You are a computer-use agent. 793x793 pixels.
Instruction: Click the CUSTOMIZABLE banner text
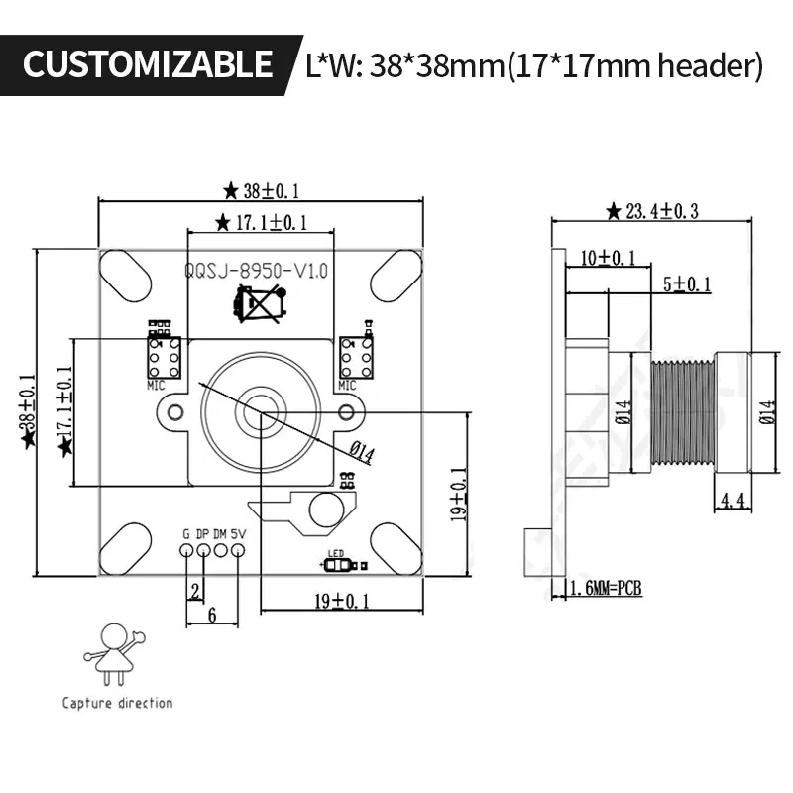[148, 64]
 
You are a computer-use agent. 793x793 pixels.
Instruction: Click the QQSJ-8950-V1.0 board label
[256, 270]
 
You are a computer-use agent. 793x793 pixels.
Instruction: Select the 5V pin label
[237, 533]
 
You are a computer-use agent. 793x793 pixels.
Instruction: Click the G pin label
[185, 533]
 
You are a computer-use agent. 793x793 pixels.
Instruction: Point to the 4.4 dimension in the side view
[733, 501]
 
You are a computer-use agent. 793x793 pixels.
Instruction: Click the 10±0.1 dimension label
[609, 258]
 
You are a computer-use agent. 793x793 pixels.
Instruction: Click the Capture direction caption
[117, 703]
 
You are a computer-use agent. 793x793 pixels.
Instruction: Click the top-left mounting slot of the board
[126, 275]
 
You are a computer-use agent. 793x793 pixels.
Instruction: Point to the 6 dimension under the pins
[211, 615]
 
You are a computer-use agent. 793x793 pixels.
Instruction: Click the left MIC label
[156, 384]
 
